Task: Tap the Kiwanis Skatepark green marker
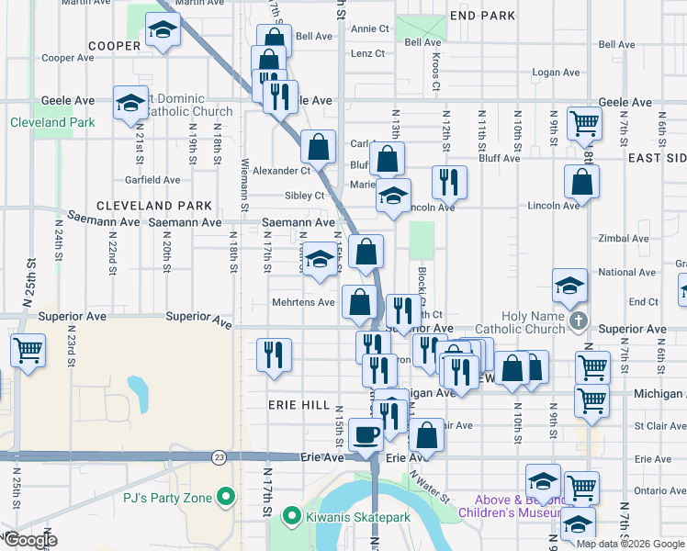coord(293,518)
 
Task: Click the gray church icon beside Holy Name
coord(578,320)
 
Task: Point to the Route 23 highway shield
coord(218,456)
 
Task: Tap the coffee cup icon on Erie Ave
coord(366,434)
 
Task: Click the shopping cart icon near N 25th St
coord(28,350)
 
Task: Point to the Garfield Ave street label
coord(152,180)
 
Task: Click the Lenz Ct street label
coord(367,54)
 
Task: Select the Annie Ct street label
coord(370,29)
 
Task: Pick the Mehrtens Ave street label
coord(303,302)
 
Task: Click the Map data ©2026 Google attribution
coord(629,544)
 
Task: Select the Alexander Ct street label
coord(282,171)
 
